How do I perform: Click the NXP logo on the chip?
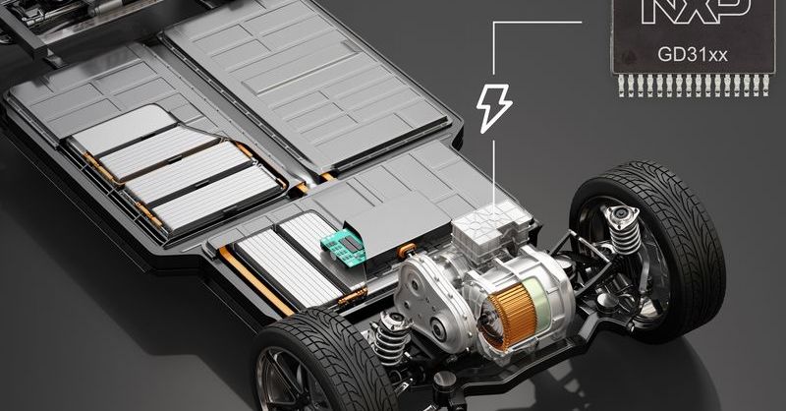click(x=697, y=12)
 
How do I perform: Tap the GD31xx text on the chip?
click(x=693, y=55)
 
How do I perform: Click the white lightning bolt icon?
click(x=494, y=108)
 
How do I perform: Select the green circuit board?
click(x=343, y=248)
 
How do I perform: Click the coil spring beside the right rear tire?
click(x=623, y=230)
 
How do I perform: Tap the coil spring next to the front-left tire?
click(x=391, y=335)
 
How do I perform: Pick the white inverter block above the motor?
click(x=490, y=229)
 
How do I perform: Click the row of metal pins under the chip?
click(x=694, y=85)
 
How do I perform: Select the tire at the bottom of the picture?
click(x=321, y=364)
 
